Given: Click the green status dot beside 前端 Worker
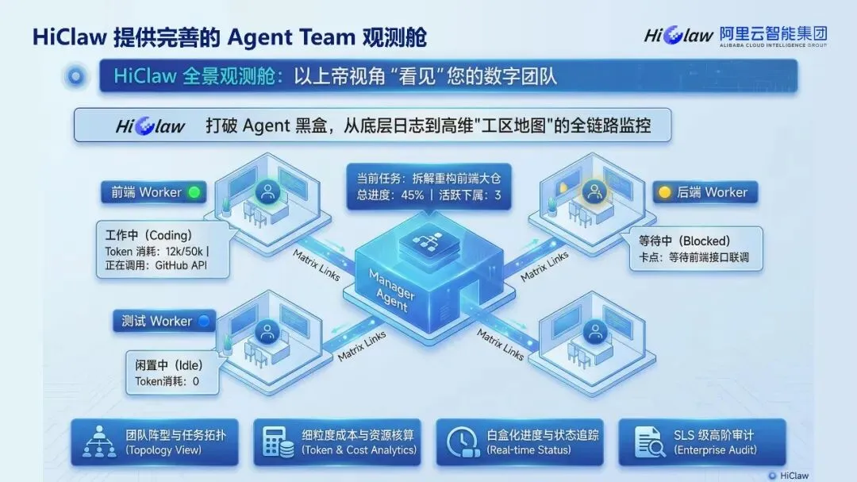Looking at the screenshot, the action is [x=194, y=192].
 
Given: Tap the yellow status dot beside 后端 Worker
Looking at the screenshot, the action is [x=666, y=192].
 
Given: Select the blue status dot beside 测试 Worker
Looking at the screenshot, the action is [x=203, y=322].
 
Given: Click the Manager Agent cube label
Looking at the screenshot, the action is [x=391, y=291].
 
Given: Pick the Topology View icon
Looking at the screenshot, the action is [x=100, y=442].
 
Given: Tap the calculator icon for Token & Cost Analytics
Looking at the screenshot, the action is [x=277, y=442].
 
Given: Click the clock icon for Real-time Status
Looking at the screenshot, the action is [x=461, y=442].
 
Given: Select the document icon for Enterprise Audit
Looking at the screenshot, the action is [x=648, y=442].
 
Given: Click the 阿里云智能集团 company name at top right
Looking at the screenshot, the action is [x=773, y=33].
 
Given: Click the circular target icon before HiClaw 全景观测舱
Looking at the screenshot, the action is [x=77, y=76].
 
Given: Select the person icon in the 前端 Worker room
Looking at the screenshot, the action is [x=267, y=191].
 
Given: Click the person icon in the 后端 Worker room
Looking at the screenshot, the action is [x=591, y=191].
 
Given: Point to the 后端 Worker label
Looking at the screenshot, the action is [x=712, y=192].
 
